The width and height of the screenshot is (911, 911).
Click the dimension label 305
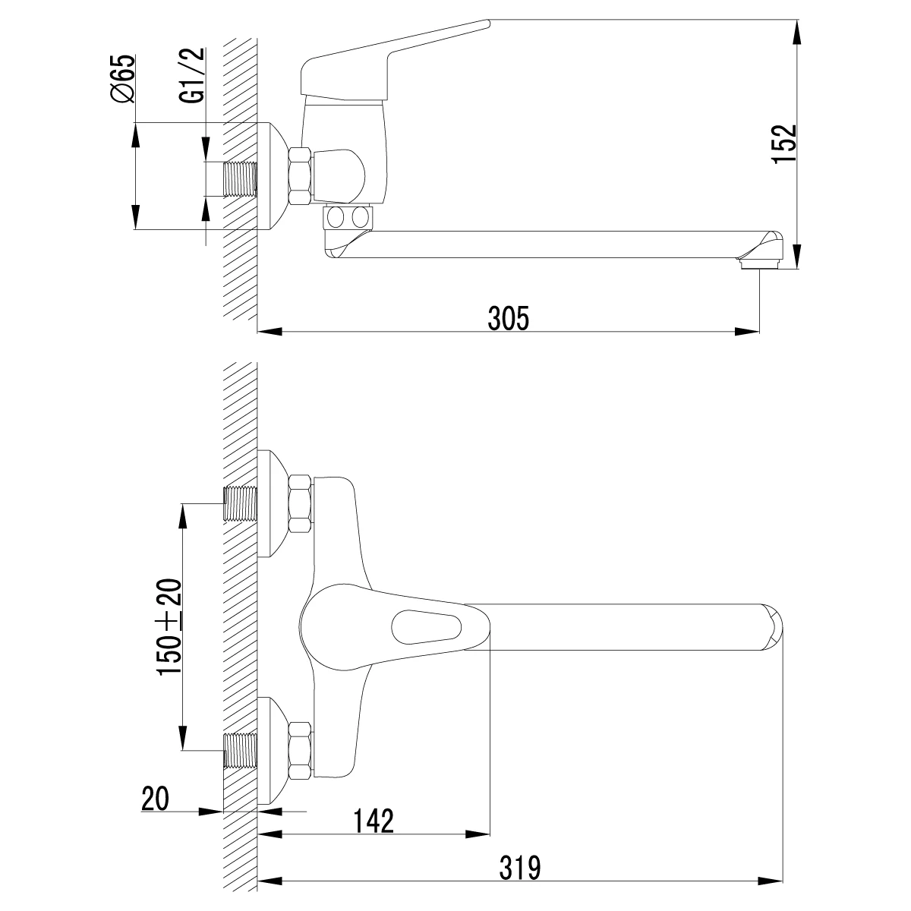point(508,318)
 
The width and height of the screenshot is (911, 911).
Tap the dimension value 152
point(784,144)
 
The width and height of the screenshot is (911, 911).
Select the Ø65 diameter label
point(122,78)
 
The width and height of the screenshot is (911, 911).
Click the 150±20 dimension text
point(169,627)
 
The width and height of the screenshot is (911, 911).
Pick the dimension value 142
point(374,821)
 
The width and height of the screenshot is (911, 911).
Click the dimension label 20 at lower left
point(155,799)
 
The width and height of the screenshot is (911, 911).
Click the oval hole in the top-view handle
point(426,627)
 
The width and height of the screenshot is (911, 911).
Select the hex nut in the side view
point(300,176)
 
